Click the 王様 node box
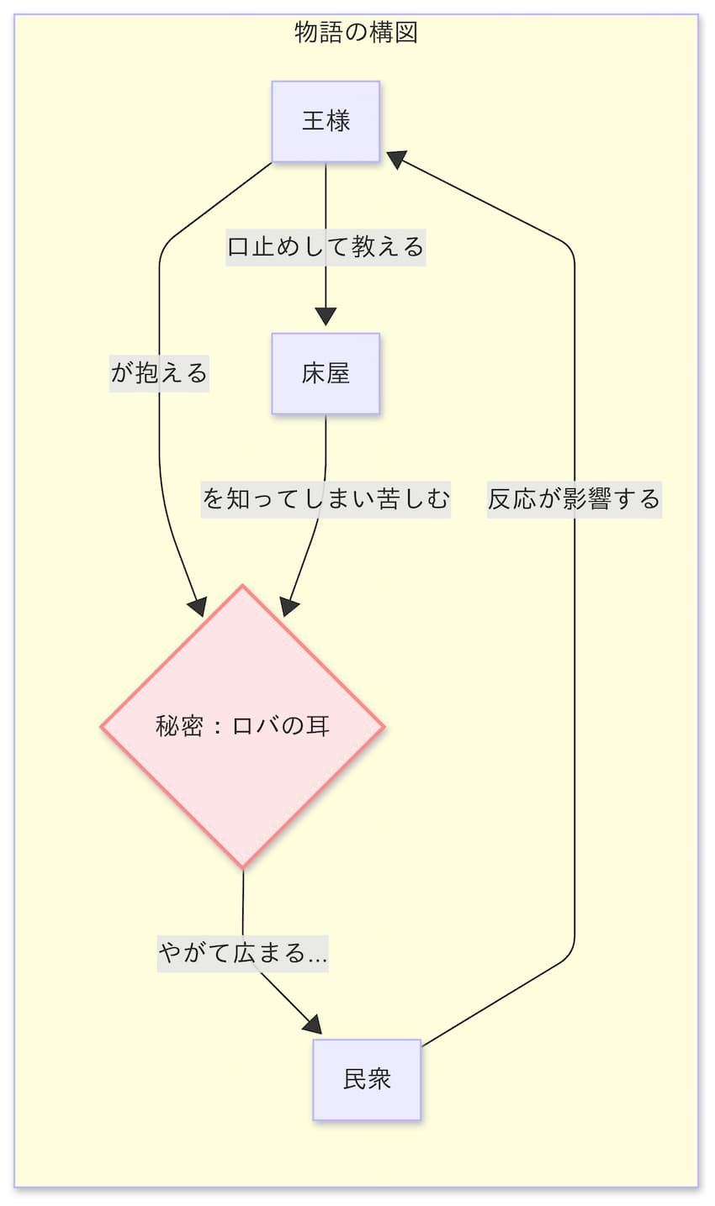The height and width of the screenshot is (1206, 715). [326, 121]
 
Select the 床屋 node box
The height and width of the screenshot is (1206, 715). [326, 373]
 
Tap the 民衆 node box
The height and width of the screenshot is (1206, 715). [367, 1079]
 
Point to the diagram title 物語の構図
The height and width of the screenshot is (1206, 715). [356, 33]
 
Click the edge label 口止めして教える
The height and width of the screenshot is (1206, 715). [326, 247]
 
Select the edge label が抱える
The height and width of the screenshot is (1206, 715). [159, 371]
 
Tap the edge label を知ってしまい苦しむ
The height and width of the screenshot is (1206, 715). [326, 498]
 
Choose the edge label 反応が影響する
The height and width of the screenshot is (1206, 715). [574, 498]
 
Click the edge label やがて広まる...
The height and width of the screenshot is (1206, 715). [242, 954]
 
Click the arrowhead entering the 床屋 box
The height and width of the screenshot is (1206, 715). [326, 317]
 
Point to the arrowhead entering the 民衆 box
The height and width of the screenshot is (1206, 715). [312, 1024]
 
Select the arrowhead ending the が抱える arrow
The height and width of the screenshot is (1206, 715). [199, 607]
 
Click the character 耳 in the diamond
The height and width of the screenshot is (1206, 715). [317, 725]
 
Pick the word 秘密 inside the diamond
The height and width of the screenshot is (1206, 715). [179, 725]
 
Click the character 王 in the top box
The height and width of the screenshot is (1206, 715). [314, 121]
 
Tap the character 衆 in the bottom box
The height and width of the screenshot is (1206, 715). [379, 1079]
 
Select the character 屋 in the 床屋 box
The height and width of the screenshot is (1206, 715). [338, 373]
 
